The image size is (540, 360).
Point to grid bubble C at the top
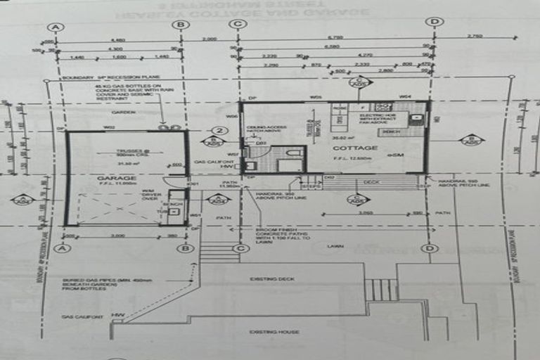[238, 25]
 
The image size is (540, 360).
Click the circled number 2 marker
[220, 131]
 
